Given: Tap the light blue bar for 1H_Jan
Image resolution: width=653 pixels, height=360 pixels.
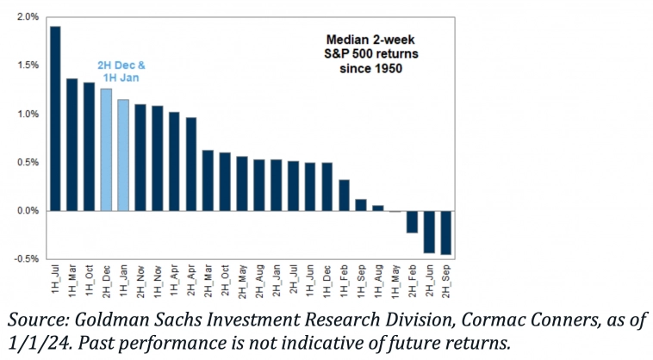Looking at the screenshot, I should [x=123, y=155].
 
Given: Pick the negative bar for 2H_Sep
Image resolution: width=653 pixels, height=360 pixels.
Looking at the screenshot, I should [x=445, y=232].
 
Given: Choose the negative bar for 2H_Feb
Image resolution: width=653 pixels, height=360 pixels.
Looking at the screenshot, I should [x=412, y=221].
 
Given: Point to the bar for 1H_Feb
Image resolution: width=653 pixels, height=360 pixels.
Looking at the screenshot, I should [x=344, y=195].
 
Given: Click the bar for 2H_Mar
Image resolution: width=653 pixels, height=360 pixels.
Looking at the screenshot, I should [x=208, y=180].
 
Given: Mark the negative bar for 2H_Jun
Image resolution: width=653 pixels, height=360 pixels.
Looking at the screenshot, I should [x=428, y=231].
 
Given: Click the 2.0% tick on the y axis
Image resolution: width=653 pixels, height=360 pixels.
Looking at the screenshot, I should [x=27, y=17].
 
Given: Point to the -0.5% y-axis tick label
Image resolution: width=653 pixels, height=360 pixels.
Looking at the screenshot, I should [x=25, y=258].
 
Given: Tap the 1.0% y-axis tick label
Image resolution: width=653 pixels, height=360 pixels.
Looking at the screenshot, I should [x=27, y=114].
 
